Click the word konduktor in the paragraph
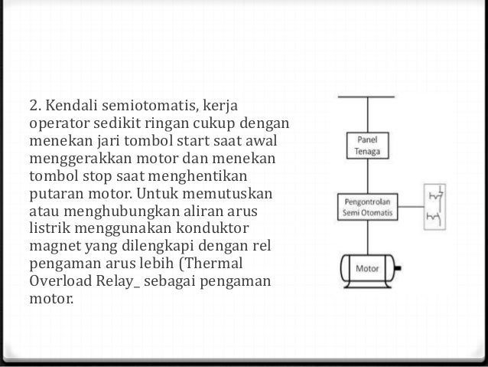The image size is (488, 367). coord(215,228)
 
